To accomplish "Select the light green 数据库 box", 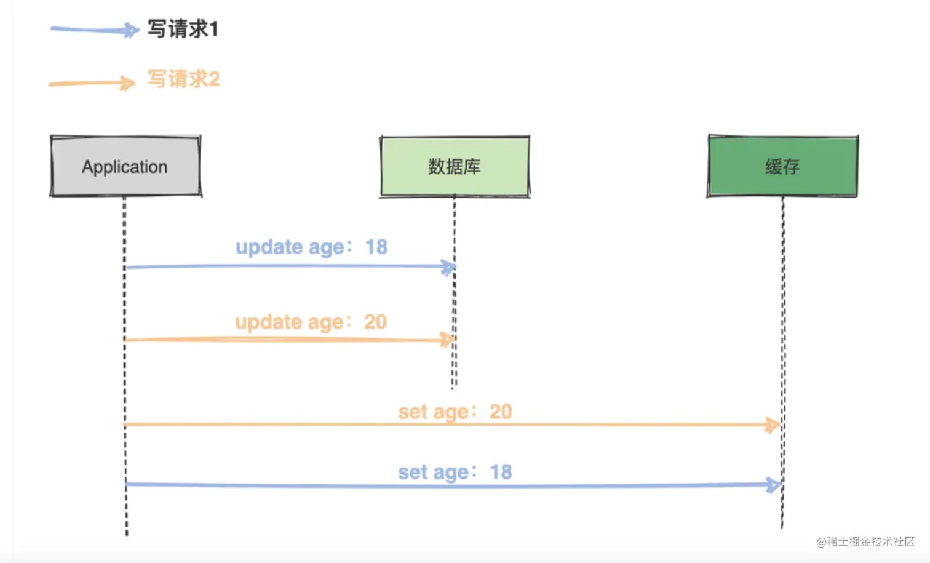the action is tap(455, 166).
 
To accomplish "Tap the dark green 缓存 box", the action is tap(782, 166).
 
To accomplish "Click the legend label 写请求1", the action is tap(183, 29).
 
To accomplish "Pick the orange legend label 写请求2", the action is tap(183, 79).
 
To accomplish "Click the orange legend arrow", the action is tap(92, 83).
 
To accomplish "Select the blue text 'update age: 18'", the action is tap(311, 247).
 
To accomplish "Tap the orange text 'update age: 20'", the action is tap(311, 322).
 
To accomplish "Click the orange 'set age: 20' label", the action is tap(455, 412).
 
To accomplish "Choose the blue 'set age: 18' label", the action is tap(455, 472).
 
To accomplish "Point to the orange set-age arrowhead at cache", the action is tap(773, 425).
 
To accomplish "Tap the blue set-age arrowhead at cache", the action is tap(774, 485).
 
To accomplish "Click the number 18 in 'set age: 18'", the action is tap(501, 472).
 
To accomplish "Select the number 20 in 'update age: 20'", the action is tap(375, 322).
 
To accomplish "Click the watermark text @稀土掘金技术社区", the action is tap(865, 541).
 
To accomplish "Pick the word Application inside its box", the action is tap(125, 167).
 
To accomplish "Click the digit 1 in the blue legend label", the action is tap(213, 29).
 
